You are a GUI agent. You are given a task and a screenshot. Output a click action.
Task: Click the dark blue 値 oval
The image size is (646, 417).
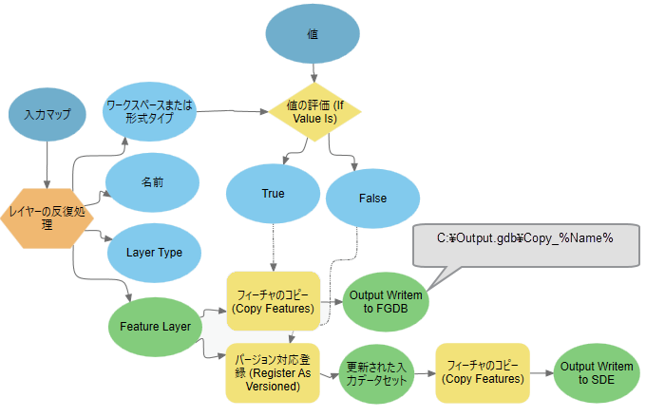[313, 34]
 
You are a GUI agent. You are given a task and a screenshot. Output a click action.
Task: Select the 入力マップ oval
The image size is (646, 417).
[47, 115]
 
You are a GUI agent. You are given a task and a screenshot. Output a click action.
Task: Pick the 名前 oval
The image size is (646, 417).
[152, 180]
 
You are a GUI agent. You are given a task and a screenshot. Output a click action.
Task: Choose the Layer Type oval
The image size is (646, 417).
[154, 253]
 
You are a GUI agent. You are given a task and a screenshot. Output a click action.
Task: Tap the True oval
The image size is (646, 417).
[273, 194]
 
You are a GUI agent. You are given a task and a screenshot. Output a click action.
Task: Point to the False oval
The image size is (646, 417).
[372, 198]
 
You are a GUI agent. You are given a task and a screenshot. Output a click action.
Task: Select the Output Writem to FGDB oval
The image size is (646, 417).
[385, 301]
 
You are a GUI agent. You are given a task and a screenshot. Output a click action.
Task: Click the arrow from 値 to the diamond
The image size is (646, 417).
[313, 73]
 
